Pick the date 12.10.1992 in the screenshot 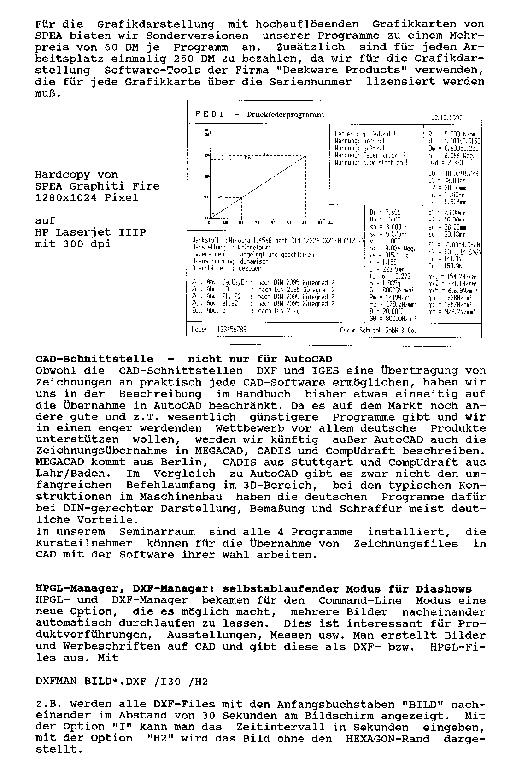[447, 118]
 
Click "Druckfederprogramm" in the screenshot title [285, 115]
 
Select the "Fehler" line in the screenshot [364, 134]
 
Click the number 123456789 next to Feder [232, 329]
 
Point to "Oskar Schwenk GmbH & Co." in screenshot [378, 330]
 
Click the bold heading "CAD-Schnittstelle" [94, 359]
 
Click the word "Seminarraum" [157, 532]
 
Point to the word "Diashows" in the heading [444, 589]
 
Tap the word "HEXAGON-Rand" [387, 738]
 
